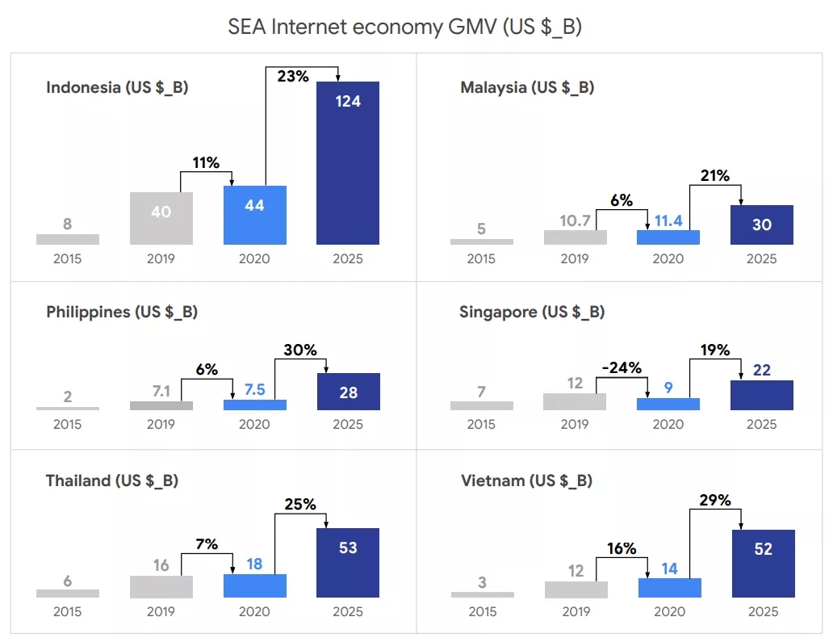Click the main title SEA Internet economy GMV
pos(405,27)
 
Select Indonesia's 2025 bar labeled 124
pos(348,162)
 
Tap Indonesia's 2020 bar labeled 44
pos(255,215)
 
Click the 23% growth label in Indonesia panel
pos(293,76)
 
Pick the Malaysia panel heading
pos(527,87)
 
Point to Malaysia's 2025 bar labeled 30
pos(762,224)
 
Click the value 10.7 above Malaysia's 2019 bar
pos(575,220)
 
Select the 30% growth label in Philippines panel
pos(300,350)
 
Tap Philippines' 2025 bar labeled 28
pos(348,392)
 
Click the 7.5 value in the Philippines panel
pos(254,389)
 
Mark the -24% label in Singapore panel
pos(621,368)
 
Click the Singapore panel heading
pos(532,312)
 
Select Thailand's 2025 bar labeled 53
pos(348,562)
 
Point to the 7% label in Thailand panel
pos(206,543)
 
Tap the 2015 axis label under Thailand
pos(68,611)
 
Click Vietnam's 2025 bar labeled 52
pos(763,564)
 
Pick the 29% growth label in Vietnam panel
pos(714,500)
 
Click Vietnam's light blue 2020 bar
pos(669,588)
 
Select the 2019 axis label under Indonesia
pos(161,258)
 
